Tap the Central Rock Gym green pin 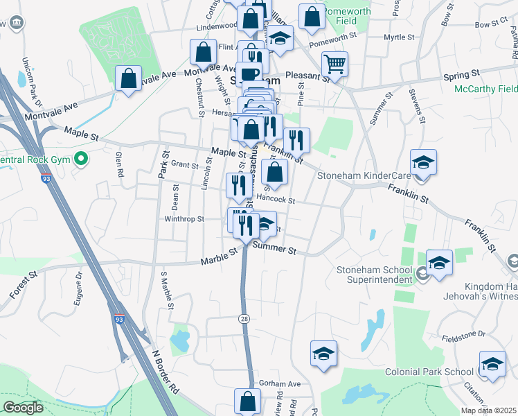coord(81,159)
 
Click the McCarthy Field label coord(485,89)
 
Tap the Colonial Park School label coord(440,371)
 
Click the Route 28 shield coord(244,318)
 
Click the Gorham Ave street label coord(280,383)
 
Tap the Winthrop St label coord(184,219)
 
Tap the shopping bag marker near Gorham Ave coord(247,401)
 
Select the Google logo coord(23,408)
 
